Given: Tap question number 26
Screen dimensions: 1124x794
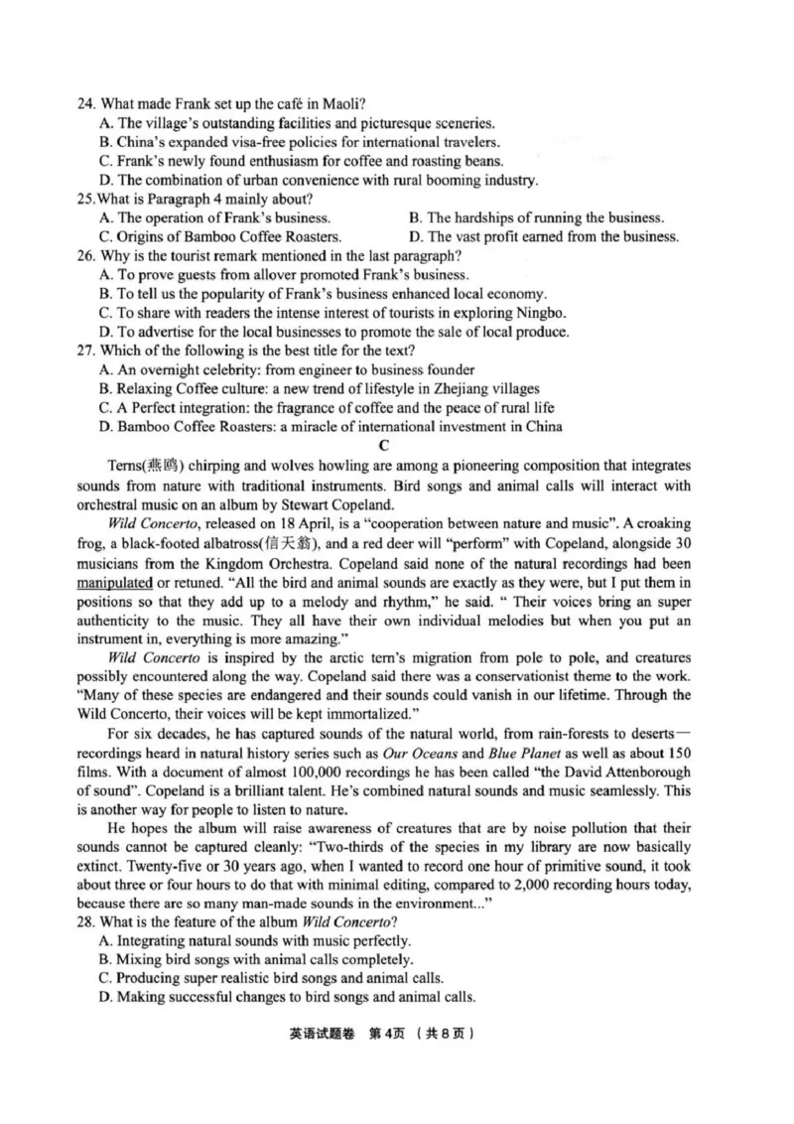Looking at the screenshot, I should [x=86, y=255].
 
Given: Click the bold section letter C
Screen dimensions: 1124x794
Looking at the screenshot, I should [x=383, y=446].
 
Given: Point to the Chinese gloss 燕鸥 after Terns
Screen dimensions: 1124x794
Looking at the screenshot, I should [x=158, y=466].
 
